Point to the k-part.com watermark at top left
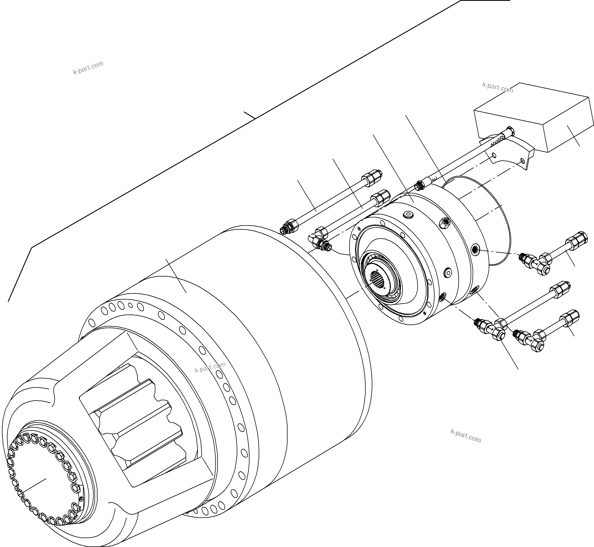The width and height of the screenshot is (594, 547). point(88,68)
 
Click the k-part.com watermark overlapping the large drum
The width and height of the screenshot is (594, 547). point(210,367)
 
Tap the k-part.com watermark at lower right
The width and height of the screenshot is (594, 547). point(466,435)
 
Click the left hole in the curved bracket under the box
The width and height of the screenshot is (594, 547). point(493,155)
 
